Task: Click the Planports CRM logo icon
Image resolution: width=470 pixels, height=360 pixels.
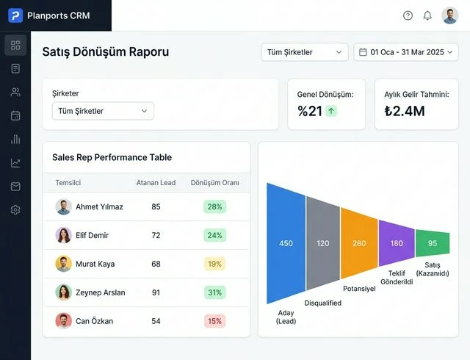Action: click(15, 15)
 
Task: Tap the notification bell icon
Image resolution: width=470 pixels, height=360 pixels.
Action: click(427, 15)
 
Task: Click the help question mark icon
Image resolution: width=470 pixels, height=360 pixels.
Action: click(408, 15)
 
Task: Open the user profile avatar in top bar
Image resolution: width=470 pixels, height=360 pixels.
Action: click(450, 15)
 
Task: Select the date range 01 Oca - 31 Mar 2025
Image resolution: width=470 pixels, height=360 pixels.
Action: click(406, 52)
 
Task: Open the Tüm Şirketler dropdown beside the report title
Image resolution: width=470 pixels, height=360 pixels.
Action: click(305, 52)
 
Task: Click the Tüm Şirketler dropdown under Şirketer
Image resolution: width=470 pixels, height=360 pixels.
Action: click(103, 111)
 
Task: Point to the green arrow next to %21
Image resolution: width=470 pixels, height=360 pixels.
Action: click(331, 111)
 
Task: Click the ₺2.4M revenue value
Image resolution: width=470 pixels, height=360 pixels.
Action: click(405, 111)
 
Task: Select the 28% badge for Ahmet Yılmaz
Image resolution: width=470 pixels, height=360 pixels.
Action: click(214, 206)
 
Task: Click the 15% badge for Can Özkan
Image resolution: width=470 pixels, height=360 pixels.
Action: click(214, 321)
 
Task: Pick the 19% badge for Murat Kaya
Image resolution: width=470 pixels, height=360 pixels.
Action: click(214, 264)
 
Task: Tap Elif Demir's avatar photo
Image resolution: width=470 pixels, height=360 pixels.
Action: click(63, 235)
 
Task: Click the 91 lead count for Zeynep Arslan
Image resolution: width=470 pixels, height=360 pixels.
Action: click(156, 292)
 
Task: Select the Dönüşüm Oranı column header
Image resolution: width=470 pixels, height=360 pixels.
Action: click(214, 183)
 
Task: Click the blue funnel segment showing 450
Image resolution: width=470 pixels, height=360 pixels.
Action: click(286, 243)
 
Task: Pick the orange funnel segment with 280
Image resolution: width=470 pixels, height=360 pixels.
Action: click(359, 243)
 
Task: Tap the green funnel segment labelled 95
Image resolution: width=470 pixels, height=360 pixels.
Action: click(432, 243)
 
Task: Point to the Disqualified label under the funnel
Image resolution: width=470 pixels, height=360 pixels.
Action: click(322, 303)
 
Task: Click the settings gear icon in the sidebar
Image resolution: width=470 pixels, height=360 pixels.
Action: click(15, 210)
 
